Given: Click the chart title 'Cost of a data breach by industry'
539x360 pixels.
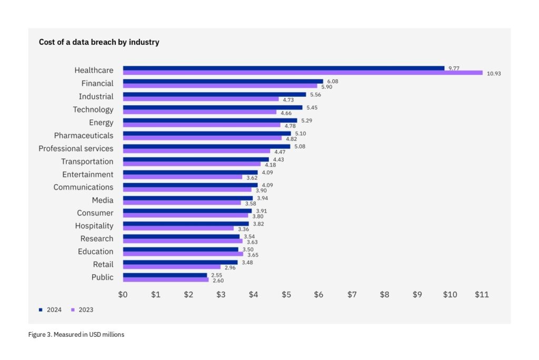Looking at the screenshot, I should [x=99, y=42].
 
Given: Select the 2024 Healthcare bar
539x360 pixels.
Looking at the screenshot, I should [x=284, y=68].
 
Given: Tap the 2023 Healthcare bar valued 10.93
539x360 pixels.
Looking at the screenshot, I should [x=303, y=73].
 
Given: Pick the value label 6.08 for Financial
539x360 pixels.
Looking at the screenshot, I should [x=332, y=81].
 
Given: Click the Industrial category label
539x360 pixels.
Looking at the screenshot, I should [x=96, y=96].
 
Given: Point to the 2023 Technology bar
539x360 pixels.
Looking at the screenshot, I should [x=199, y=112].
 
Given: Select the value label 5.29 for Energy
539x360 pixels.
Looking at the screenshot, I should [x=306, y=120].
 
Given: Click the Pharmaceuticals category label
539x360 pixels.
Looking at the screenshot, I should [x=83, y=135].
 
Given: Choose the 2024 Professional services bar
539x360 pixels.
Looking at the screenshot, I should [x=206, y=146].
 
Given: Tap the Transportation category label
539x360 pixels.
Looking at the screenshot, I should [x=87, y=162].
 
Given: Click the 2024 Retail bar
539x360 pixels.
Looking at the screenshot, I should [x=180, y=262].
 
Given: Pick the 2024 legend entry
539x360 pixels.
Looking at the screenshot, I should [x=51, y=309].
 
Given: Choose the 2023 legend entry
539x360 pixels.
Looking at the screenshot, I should [x=82, y=309].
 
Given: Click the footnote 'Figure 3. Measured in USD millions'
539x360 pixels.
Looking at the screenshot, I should [x=76, y=335].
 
